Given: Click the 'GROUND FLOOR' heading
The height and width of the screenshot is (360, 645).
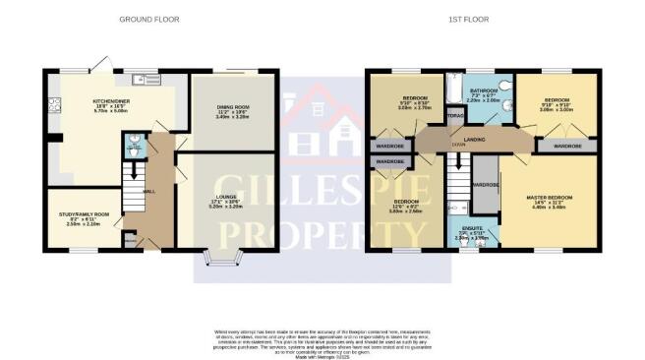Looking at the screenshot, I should [147, 20].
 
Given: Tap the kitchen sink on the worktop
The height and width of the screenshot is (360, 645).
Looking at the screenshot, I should [148, 79].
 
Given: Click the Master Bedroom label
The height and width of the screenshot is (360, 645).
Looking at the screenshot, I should [549, 203].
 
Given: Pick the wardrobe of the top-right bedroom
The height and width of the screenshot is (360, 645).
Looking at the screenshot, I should [566, 146].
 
